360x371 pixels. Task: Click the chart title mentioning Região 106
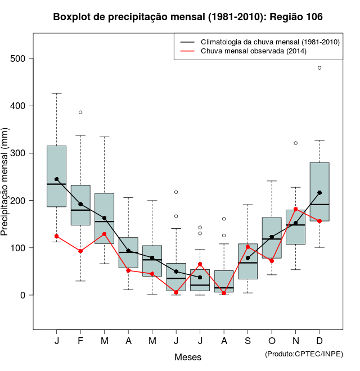point(188,17)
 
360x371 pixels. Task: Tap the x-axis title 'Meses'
point(188,357)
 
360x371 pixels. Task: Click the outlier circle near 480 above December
point(319,67)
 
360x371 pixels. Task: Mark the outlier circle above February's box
point(80,112)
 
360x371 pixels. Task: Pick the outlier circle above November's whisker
point(296,143)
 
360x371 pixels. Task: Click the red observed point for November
point(296,209)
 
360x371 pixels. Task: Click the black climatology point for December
point(319,193)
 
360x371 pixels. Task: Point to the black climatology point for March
point(105,218)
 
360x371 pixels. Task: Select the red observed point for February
point(80,251)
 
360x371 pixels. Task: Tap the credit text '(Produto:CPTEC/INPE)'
point(304,354)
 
